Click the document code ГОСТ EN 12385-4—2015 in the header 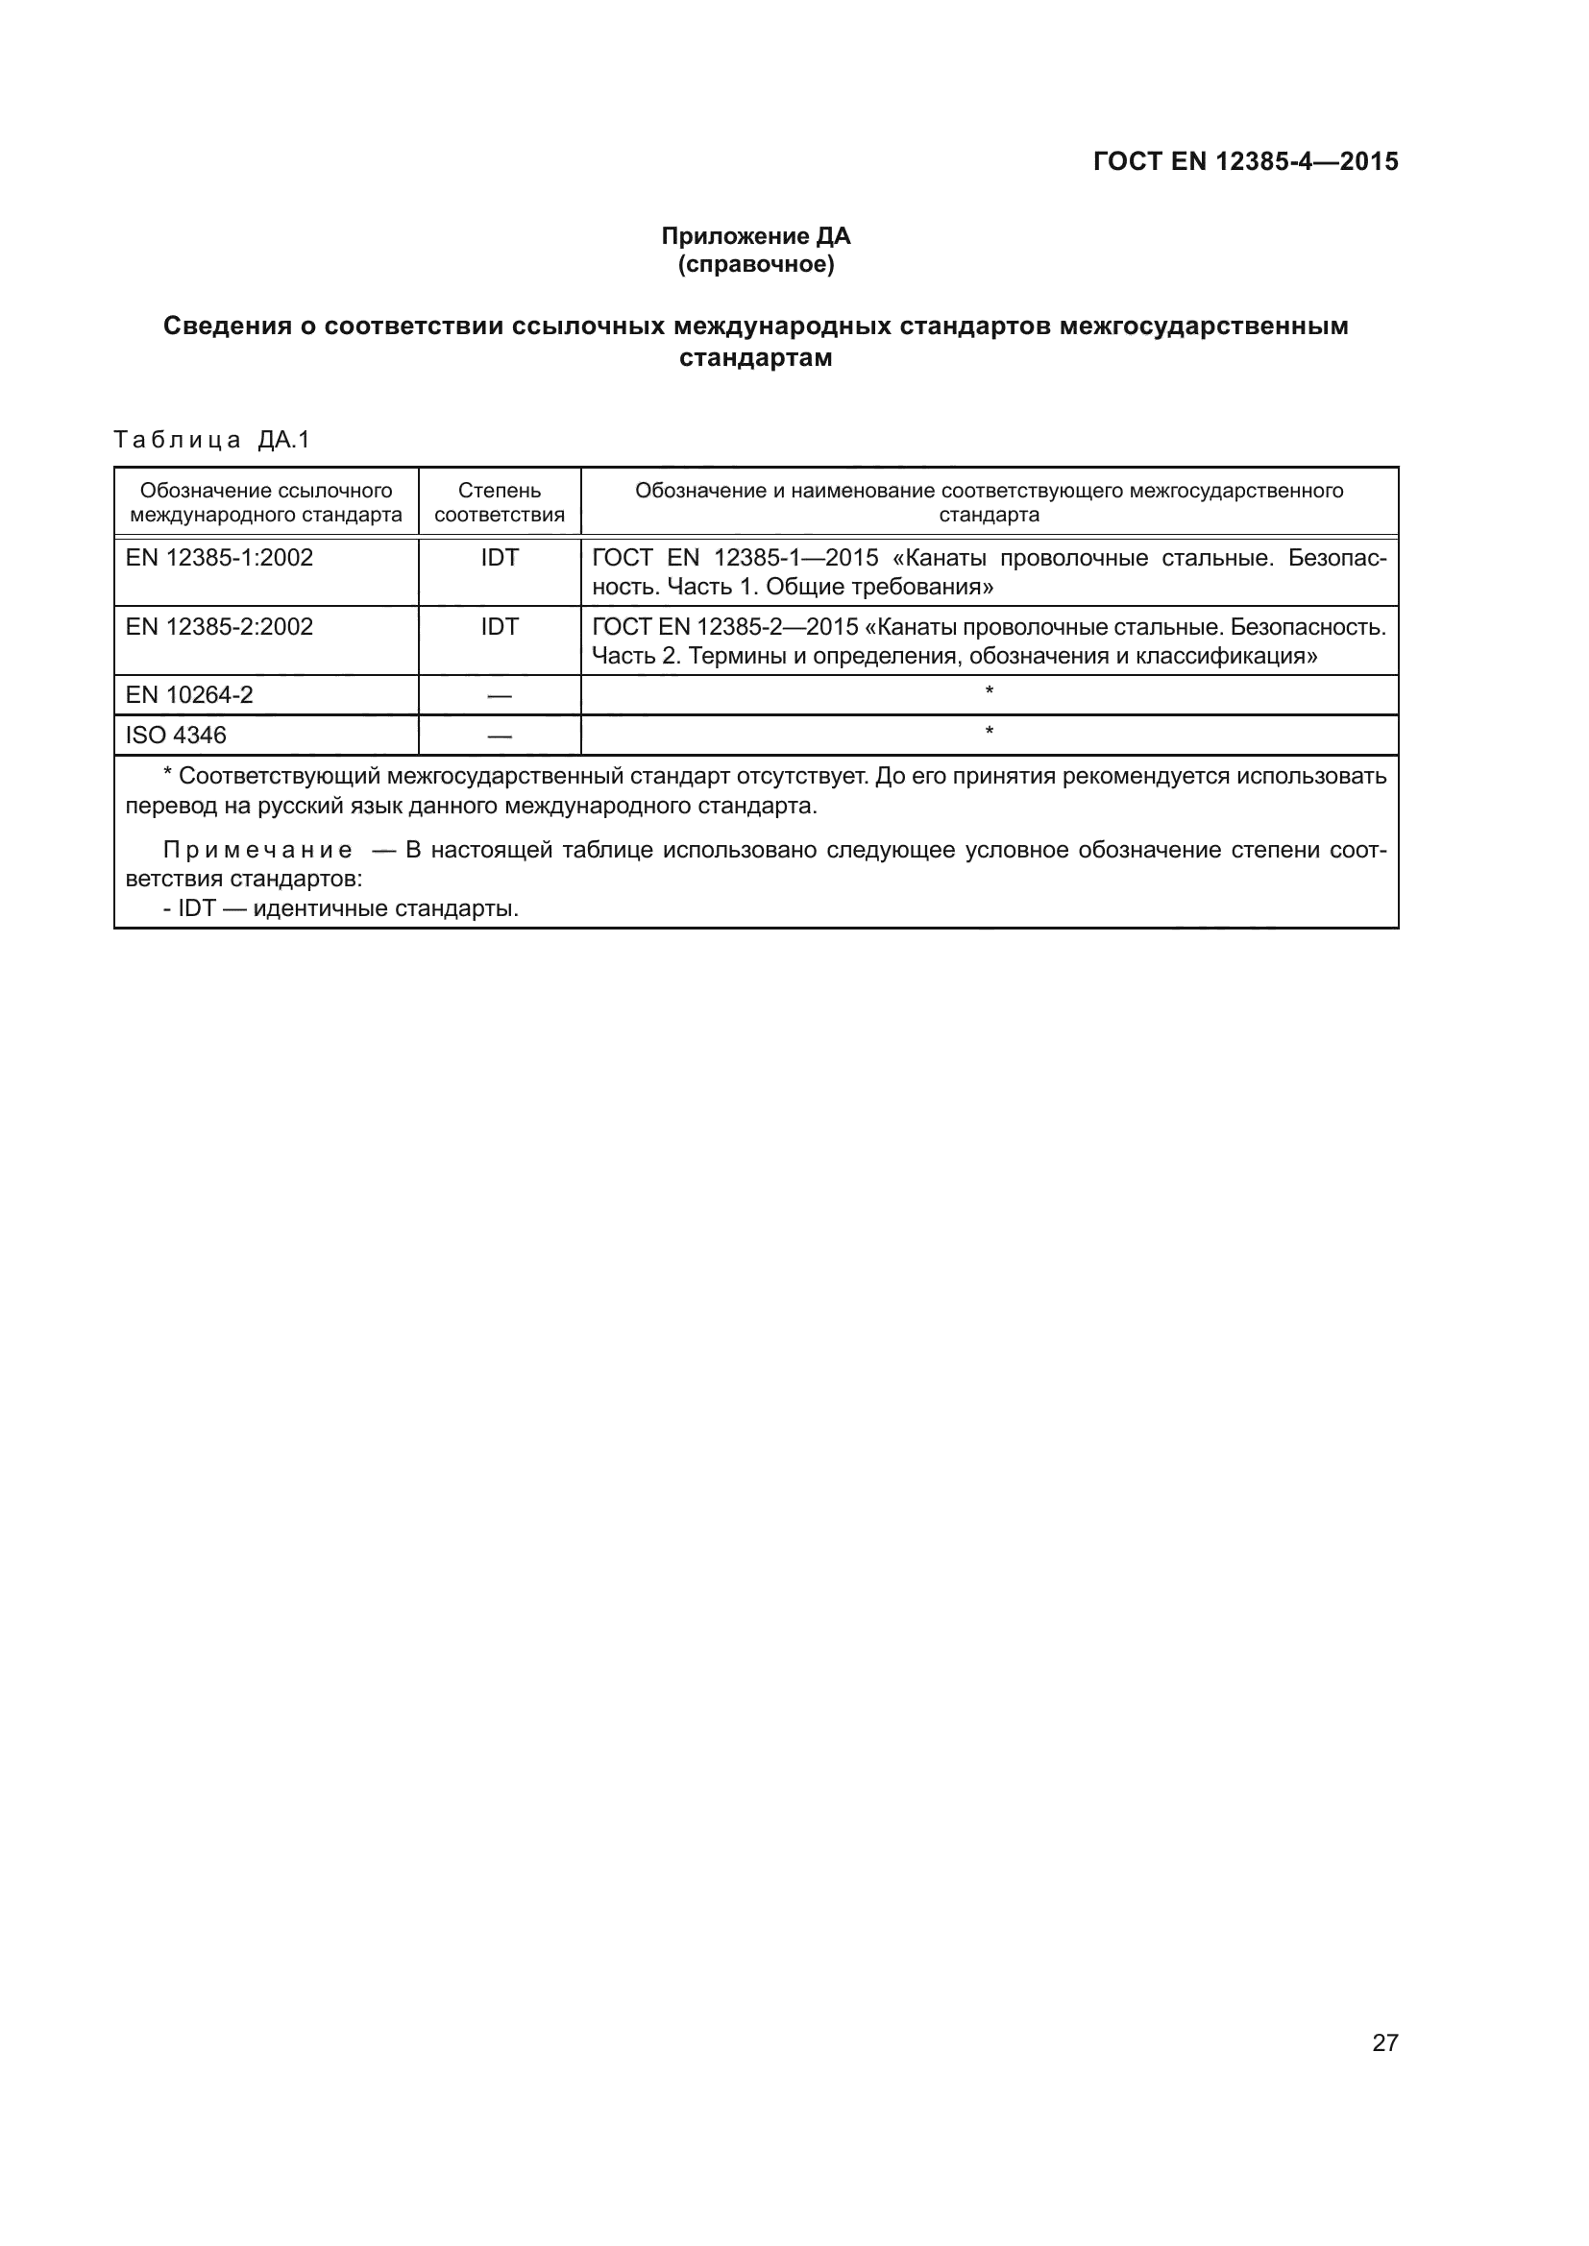tap(1246, 161)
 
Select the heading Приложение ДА tap(755, 236)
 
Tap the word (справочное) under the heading tap(755, 264)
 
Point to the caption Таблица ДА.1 tap(211, 440)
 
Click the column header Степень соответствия tap(499, 502)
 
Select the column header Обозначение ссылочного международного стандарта tap(266, 502)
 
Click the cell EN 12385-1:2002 tap(219, 558)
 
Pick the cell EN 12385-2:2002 tap(219, 626)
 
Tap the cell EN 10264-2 tap(189, 694)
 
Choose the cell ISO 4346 tap(175, 735)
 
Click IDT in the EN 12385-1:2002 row tap(499, 558)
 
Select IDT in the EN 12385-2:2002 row tap(499, 626)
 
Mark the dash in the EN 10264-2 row tap(499, 695)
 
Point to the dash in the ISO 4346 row tap(499, 736)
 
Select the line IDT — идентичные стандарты tap(340, 908)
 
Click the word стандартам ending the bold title tap(755, 358)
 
